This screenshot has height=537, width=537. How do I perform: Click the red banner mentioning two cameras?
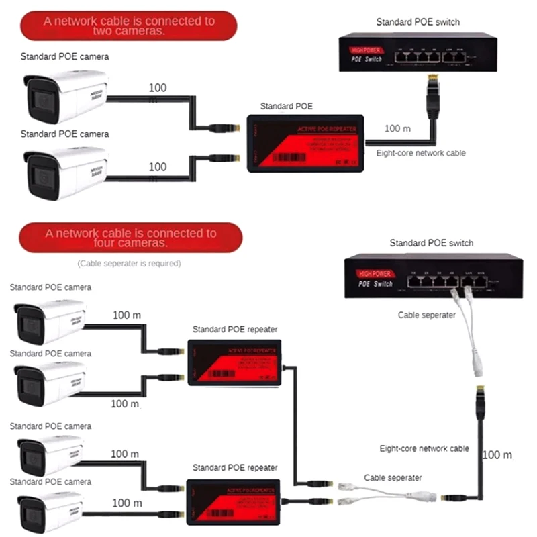click(x=129, y=26)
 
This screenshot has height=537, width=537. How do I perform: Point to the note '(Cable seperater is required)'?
click(x=129, y=264)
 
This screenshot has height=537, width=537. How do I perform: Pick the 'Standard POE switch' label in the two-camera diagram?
click(x=418, y=23)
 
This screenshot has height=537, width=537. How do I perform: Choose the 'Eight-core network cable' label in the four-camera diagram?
click(x=424, y=448)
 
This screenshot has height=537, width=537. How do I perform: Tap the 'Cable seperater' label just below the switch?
click(x=426, y=315)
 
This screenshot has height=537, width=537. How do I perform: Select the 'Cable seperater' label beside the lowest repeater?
click(x=393, y=477)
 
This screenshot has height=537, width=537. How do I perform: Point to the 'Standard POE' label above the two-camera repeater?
click(x=286, y=106)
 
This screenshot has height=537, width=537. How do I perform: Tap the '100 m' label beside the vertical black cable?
click(x=497, y=455)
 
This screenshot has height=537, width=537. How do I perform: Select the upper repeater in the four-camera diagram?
click(x=234, y=362)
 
